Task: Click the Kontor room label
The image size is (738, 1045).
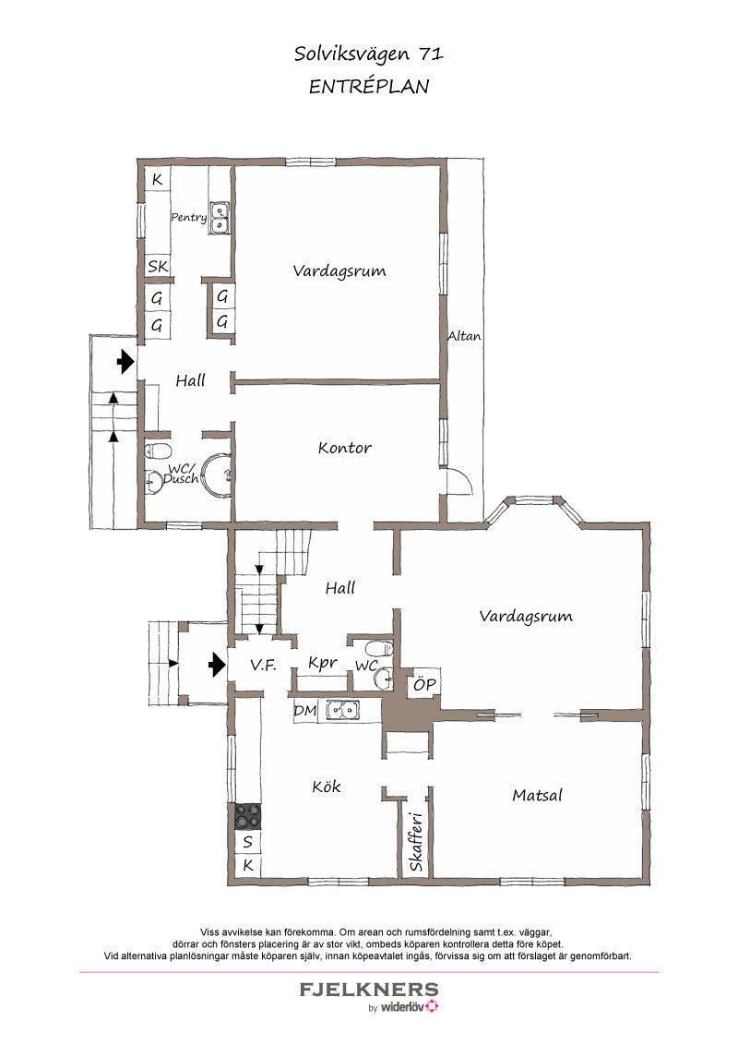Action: pos(344,447)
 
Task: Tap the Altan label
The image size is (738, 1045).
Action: pos(464,336)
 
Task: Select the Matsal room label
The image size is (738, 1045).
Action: pos(538,795)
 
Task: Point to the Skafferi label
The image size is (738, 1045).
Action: pos(416,841)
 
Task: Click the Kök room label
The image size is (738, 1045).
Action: pos(327,787)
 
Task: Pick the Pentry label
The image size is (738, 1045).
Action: pos(188,217)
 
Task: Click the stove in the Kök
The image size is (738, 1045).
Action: pos(248,816)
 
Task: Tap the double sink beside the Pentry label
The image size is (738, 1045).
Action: pos(220,218)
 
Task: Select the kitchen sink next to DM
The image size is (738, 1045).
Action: pos(342,711)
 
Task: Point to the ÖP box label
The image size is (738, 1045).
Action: pos(425,684)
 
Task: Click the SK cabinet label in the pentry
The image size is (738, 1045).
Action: pos(158,267)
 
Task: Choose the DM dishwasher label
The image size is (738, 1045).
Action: pos(305,711)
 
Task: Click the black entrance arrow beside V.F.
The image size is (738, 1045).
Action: pos(217,664)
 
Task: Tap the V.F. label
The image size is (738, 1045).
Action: pos(263,665)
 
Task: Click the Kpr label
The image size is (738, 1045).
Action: pos(322,663)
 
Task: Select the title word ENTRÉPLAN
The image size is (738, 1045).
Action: pos(369,87)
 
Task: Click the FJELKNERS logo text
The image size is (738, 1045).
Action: pos(369,989)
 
